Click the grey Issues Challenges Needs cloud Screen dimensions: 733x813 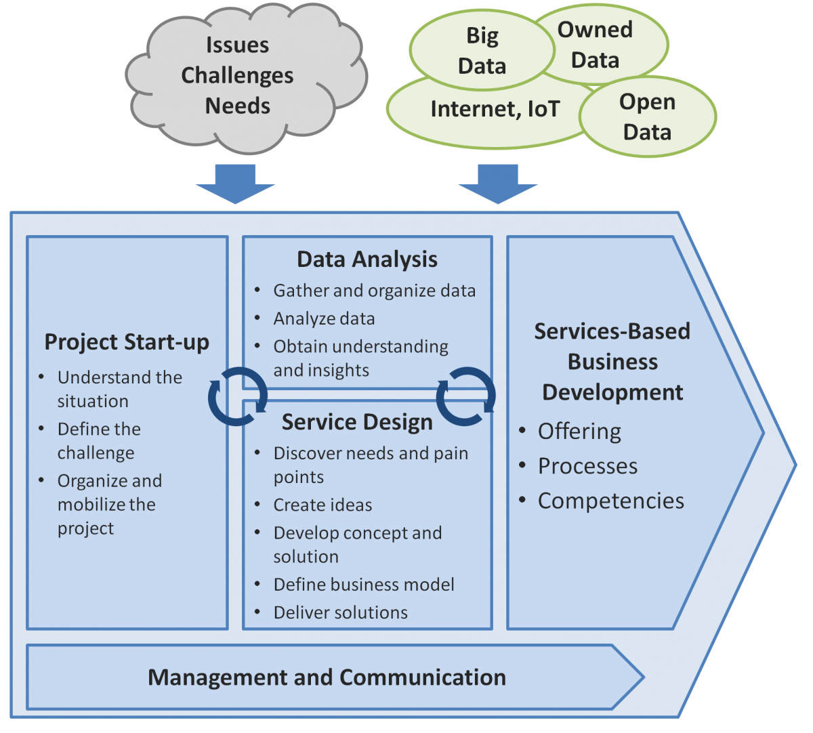238,76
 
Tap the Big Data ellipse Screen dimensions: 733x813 482,51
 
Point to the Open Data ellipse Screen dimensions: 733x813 647,117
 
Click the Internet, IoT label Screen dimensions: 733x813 495,109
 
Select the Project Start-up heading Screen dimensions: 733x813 127,342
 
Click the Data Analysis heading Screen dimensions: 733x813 367,259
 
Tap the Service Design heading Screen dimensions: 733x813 357,422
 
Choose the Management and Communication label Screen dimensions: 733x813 327,677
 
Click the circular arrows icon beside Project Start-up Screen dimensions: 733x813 237,396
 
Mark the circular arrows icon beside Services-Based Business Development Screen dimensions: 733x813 466,396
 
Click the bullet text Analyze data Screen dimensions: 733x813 324,318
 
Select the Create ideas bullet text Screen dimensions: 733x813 322,505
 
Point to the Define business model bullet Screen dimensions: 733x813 364,585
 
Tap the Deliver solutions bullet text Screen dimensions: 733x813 341,612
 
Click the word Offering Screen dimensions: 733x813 579,432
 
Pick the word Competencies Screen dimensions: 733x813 611,501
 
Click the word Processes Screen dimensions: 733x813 587,466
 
